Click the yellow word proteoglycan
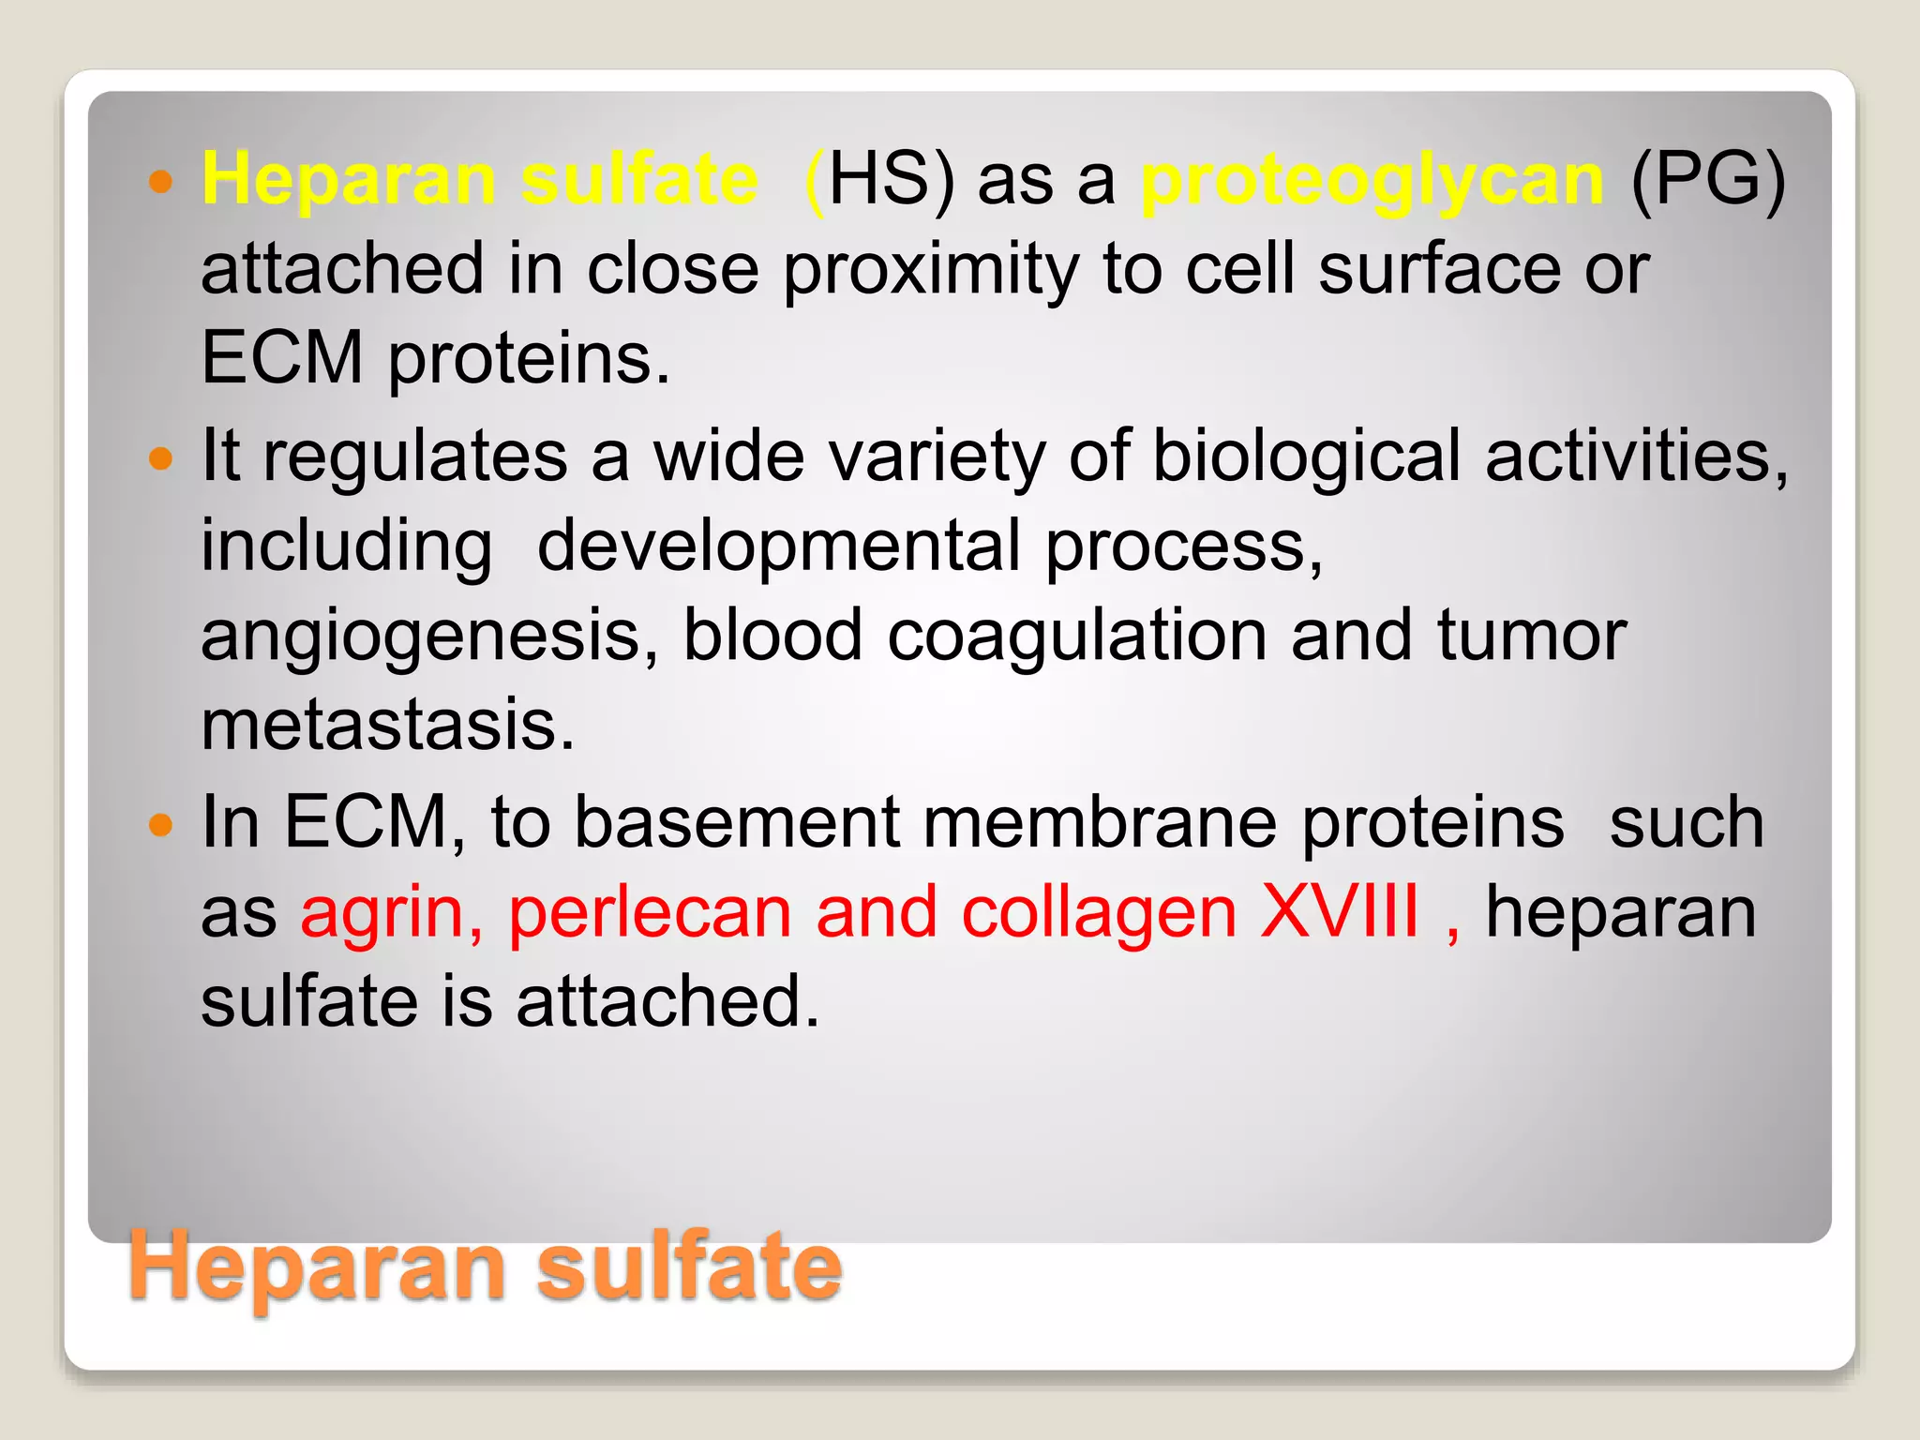coord(1372,180)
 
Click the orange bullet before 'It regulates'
coord(161,458)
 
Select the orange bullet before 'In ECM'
coord(161,825)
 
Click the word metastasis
coord(387,725)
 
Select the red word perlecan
coord(650,912)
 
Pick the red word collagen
coord(1099,914)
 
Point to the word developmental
coord(777,547)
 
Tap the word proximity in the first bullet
coord(930,271)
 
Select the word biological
coord(1305,457)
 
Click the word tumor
coord(1532,636)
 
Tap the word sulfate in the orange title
coord(689,1267)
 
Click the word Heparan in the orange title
coord(319,1268)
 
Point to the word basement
coord(736,823)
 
